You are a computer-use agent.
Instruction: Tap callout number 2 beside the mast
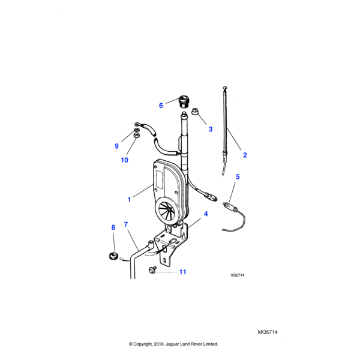pos(245,155)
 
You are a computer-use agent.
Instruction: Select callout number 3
pos(210,129)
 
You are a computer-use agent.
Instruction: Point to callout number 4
pos(206,214)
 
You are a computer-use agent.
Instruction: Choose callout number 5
pos(237,177)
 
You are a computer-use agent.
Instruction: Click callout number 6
pos(161,106)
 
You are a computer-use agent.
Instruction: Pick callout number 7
pos(126,224)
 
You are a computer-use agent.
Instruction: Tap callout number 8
pos(113,227)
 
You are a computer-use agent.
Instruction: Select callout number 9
pos(117,146)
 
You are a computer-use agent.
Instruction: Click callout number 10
pos(125,160)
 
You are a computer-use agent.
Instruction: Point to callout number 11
pos(182,272)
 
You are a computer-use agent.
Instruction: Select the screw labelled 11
pos(154,269)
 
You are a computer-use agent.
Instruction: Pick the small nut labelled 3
pos(196,112)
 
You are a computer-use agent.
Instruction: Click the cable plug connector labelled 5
pos(230,207)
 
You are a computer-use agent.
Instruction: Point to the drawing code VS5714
pos(238,275)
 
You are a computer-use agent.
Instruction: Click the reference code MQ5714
pos(268,331)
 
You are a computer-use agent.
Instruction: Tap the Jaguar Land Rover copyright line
pos(173,344)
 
